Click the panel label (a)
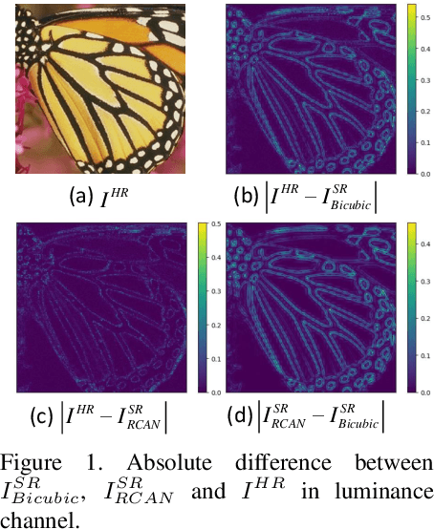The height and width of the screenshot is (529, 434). click(81, 198)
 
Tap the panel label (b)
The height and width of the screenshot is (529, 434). click(247, 198)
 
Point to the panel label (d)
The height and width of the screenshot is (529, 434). click(248, 415)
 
